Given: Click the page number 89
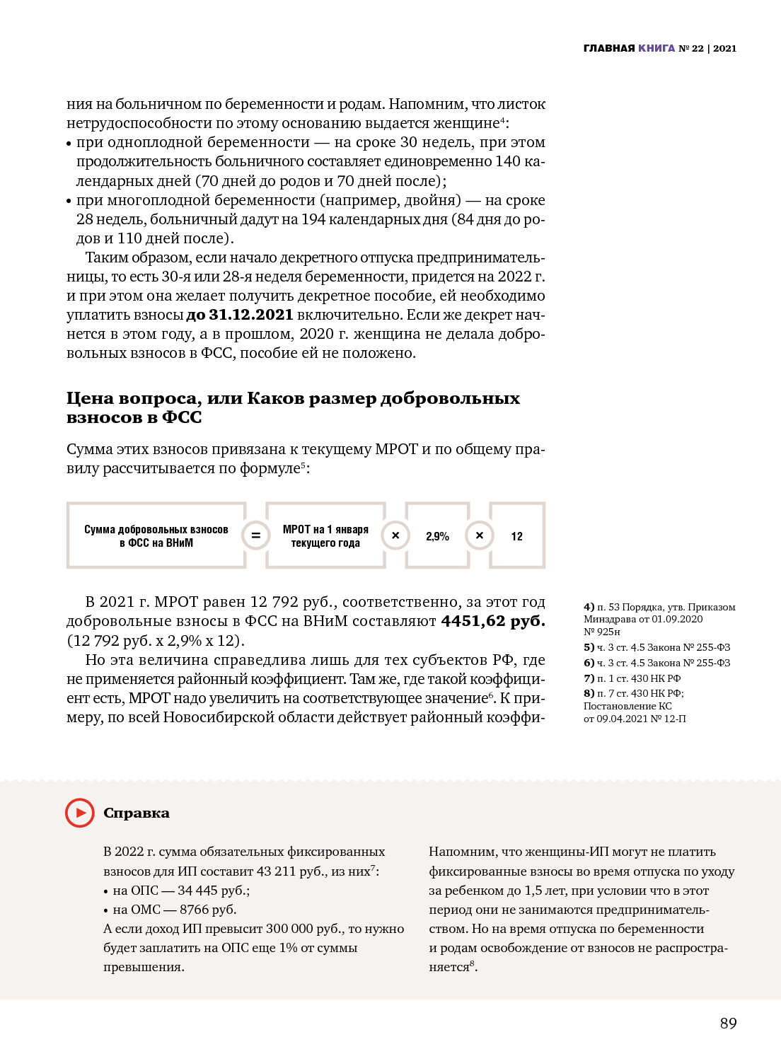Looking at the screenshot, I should pyautogui.click(x=728, y=1023).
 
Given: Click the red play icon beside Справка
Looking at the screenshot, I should pyautogui.click(x=79, y=813).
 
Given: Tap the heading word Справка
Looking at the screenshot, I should pyautogui.click(x=137, y=813).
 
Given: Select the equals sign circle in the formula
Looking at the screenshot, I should pyautogui.click(x=255, y=535).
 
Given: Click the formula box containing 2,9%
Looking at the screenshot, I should pyautogui.click(x=437, y=536).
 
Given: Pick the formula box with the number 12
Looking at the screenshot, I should pyautogui.click(x=517, y=536).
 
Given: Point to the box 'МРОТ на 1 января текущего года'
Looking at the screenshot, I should pyautogui.click(x=325, y=536).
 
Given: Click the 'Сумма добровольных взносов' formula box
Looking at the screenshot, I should pyautogui.click(x=156, y=536).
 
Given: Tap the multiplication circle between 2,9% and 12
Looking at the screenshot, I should pyautogui.click(x=479, y=535).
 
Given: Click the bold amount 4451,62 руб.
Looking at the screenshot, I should pyautogui.click(x=493, y=621).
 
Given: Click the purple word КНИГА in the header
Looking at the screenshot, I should pyautogui.click(x=656, y=48).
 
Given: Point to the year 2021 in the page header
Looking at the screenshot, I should pyautogui.click(x=724, y=48).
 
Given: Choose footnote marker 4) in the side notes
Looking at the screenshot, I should pyautogui.click(x=589, y=607).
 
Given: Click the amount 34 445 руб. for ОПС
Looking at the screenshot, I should pyautogui.click(x=213, y=891).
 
